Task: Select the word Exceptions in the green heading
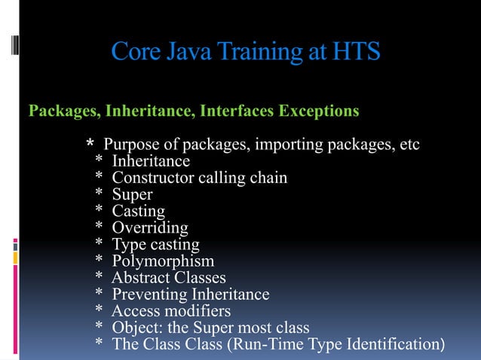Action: [319, 111]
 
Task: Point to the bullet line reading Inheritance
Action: [151, 161]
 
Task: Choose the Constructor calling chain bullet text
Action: [200, 178]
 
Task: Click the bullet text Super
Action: [132, 194]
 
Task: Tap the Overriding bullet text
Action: [150, 227]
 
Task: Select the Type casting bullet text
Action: [156, 245]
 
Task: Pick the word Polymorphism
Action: [163, 261]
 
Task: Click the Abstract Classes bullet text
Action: [169, 278]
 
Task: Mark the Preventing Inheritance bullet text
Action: [190, 294]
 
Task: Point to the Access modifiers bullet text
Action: [171, 311]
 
